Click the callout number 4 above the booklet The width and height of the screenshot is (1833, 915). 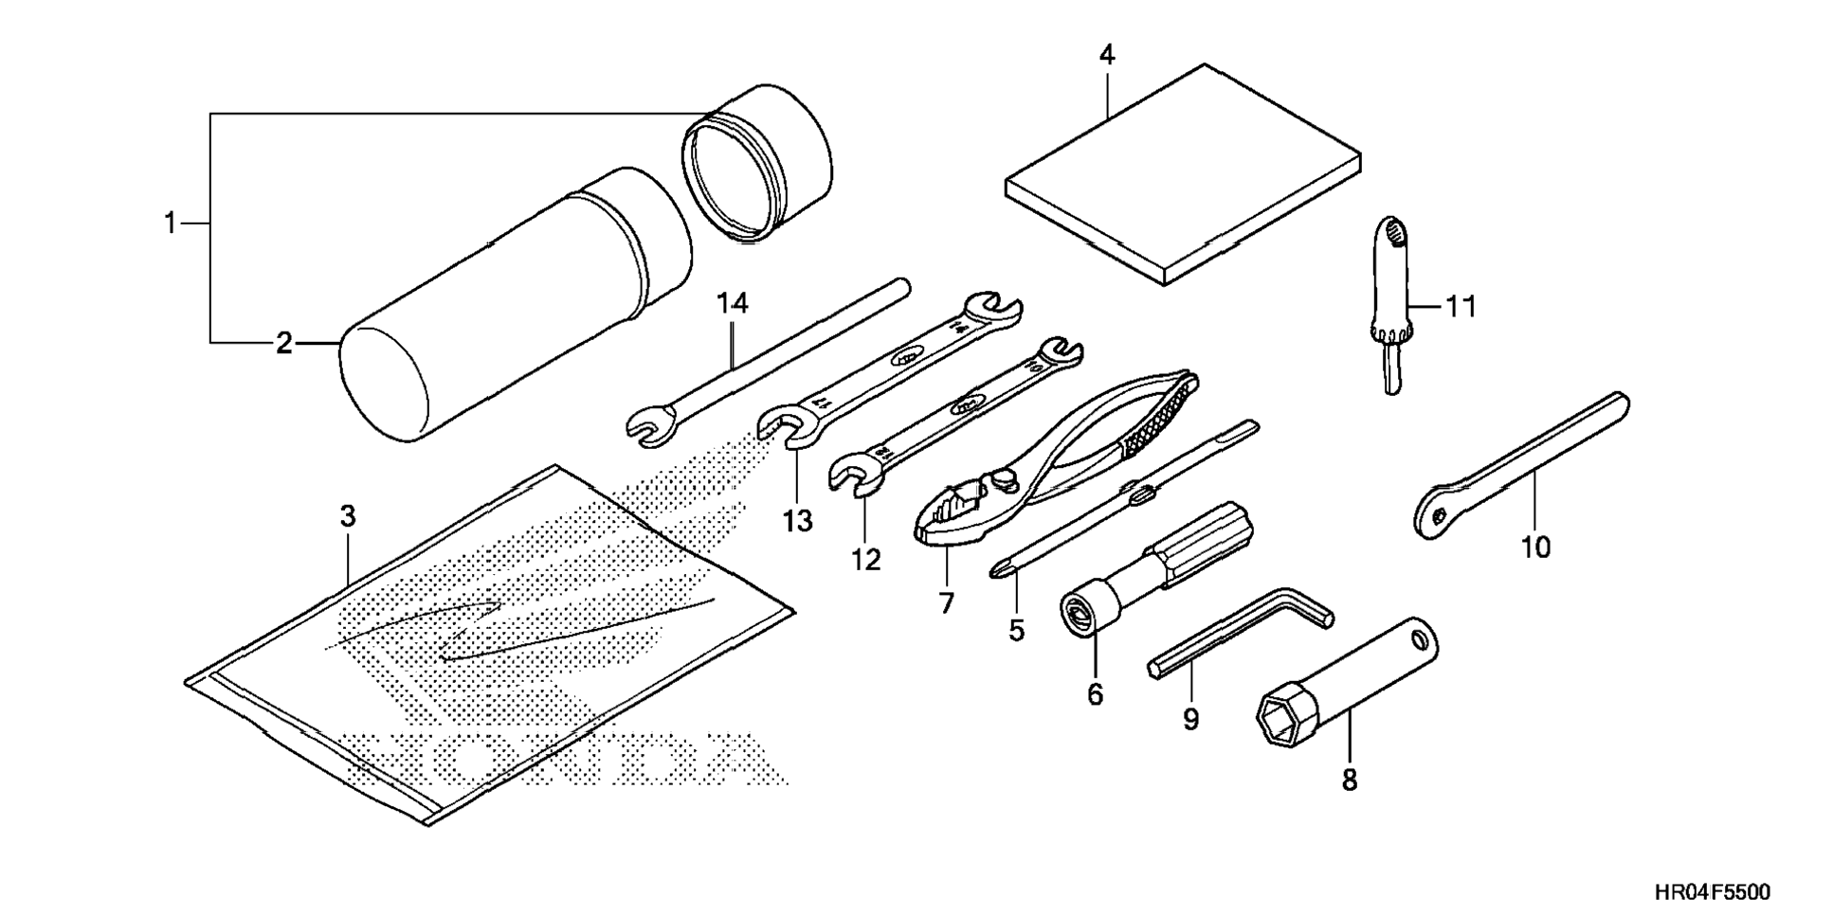[x=1106, y=55]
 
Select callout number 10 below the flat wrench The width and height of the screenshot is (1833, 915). [x=1535, y=547]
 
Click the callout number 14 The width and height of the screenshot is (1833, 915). [x=733, y=303]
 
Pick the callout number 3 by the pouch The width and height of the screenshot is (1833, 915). [x=348, y=516]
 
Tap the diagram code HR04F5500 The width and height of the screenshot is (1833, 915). [x=1712, y=891]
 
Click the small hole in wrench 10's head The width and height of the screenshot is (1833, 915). [x=1440, y=514]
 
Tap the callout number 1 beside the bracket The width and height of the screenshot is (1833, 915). [x=170, y=224]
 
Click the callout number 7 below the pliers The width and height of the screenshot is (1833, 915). [x=946, y=602]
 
